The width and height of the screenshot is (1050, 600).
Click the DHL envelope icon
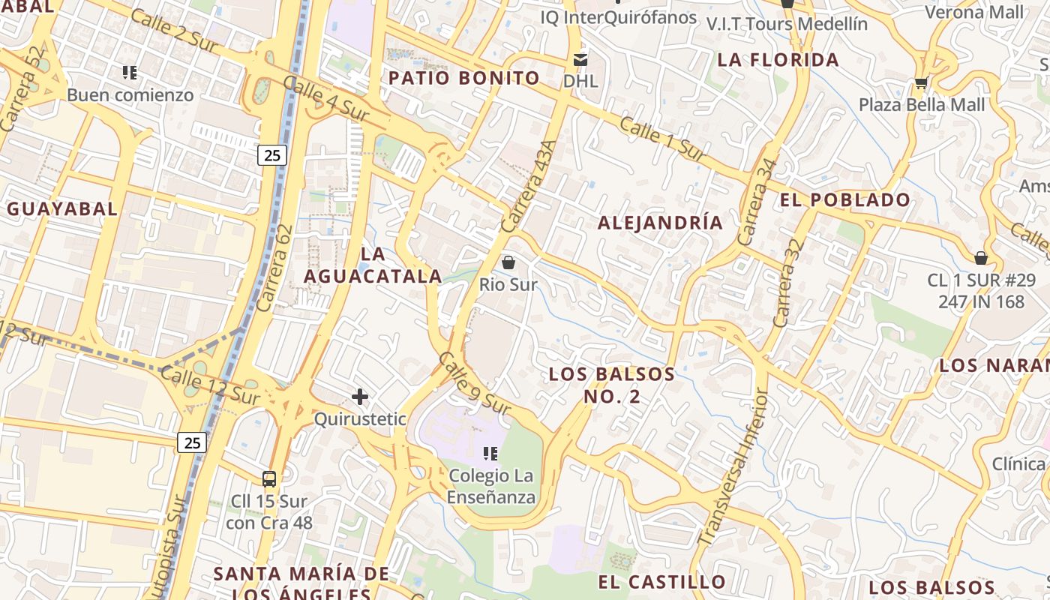(x=580, y=59)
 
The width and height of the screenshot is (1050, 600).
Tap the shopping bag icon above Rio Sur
(x=508, y=262)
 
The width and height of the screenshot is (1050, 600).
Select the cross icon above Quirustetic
(x=360, y=396)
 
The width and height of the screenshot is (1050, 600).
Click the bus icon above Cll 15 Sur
(x=268, y=478)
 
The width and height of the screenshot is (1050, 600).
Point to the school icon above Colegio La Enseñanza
(x=491, y=453)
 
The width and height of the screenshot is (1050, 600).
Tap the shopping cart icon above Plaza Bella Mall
(x=921, y=82)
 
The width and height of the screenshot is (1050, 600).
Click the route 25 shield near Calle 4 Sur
(x=271, y=155)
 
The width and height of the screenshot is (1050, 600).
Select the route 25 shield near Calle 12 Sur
(x=193, y=442)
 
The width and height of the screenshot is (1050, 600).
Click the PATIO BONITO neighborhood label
(x=464, y=78)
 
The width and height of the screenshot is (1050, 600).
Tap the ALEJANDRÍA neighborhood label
(x=661, y=223)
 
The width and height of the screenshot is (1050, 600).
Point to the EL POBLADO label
(x=845, y=200)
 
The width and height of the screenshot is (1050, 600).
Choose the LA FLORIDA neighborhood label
(x=778, y=60)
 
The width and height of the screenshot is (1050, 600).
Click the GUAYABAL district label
(x=63, y=209)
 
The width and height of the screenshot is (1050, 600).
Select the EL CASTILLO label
(x=662, y=582)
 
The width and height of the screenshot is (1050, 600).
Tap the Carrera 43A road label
(x=529, y=187)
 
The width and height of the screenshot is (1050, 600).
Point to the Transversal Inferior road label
(x=733, y=466)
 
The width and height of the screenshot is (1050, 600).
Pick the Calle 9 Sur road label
(x=475, y=383)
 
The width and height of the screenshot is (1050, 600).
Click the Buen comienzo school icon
(x=130, y=73)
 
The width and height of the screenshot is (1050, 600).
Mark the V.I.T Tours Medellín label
(x=787, y=24)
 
